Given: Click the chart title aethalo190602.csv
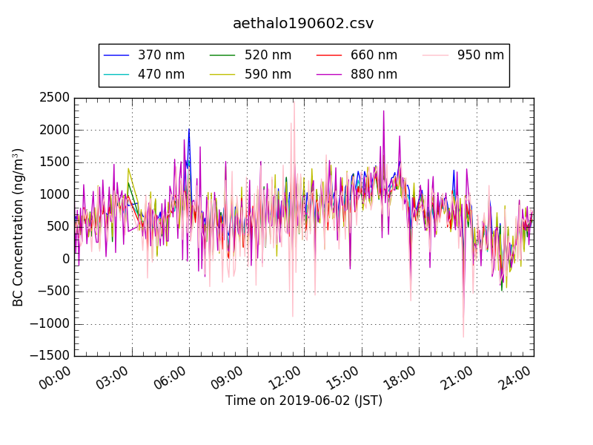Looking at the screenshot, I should click(303, 23).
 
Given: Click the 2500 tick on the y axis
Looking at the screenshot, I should click(54, 98).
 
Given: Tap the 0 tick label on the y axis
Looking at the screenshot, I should click(65, 259).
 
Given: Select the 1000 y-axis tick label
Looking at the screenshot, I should click(54, 194).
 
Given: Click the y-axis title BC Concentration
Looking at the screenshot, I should click(19, 227).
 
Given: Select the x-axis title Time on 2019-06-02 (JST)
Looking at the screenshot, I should click(304, 400).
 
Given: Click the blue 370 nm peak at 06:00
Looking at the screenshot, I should click(189, 130).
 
